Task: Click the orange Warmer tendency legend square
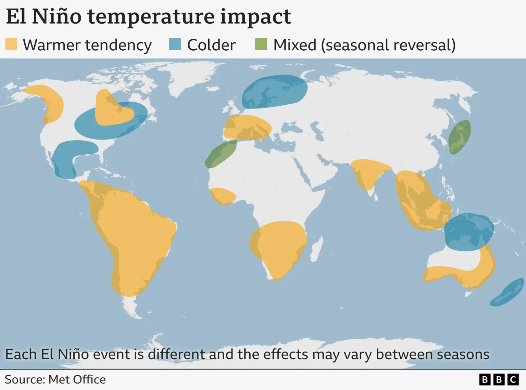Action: click(x=11, y=44)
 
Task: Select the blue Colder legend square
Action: click(x=175, y=44)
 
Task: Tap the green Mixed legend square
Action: click(x=261, y=44)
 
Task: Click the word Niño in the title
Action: click(x=57, y=16)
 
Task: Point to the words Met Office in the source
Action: click(x=77, y=379)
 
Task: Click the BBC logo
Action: click(x=499, y=379)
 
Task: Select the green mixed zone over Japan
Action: click(x=460, y=137)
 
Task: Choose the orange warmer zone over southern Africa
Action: click(x=278, y=246)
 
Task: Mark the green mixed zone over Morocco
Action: click(x=221, y=154)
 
